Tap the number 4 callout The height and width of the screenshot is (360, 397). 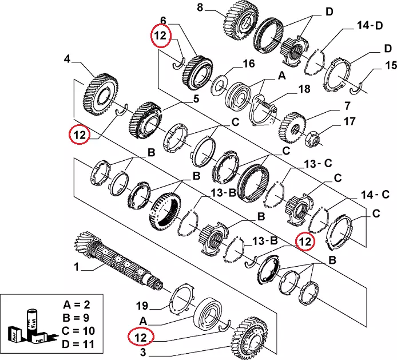click(66, 58)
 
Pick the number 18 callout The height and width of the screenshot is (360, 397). click(303, 89)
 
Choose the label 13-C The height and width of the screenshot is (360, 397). click(317, 164)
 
